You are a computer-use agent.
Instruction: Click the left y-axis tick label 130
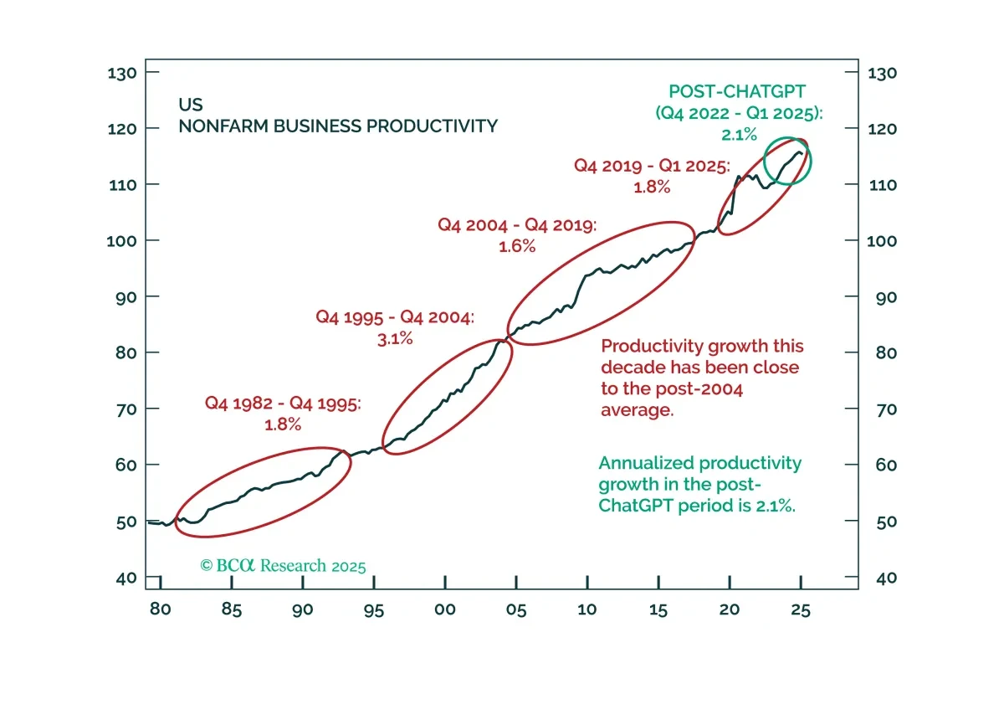tap(122, 73)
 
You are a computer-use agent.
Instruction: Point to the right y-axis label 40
tap(887, 579)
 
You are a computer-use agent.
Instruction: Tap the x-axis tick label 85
tap(231, 609)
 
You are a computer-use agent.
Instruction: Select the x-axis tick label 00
tap(444, 609)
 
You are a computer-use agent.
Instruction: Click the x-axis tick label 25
tap(801, 609)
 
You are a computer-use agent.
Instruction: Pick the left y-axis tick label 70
tap(126, 409)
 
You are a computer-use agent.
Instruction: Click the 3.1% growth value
tap(395, 339)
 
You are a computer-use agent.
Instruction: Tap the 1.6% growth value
tap(517, 246)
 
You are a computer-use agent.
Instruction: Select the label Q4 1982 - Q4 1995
tap(283, 404)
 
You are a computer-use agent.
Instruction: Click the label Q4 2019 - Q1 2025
tap(652, 166)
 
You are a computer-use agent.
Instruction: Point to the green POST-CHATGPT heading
tap(737, 91)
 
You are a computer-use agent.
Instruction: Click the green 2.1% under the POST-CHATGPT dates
tap(739, 134)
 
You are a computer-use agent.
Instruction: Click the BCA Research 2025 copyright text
tap(283, 566)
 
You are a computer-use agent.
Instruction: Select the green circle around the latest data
tap(764, 161)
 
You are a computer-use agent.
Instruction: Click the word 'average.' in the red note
tap(637, 410)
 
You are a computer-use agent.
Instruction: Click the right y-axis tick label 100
tap(882, 241)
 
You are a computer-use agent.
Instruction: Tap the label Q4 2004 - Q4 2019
tap(517, 225)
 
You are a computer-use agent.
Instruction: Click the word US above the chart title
tap(191, 105)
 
